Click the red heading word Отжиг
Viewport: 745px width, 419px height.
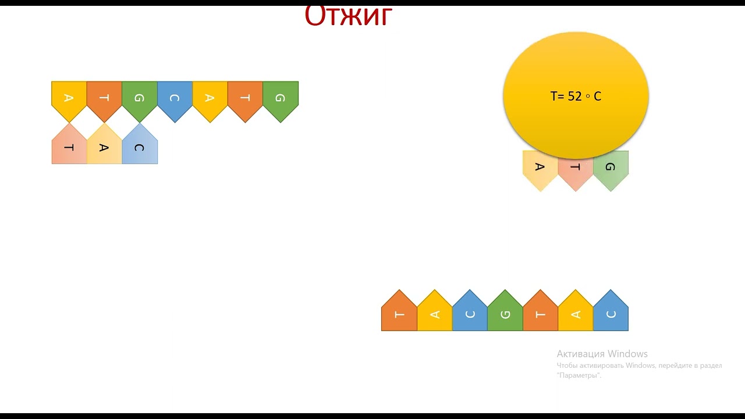(349, 16)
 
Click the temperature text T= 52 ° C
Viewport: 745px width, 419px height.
(576, 97)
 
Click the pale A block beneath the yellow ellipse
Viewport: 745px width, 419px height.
(540, 168)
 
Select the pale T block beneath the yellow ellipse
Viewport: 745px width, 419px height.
(576, 168)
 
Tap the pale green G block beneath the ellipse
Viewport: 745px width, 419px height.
(611, 168)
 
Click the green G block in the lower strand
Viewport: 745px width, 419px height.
(505, 314)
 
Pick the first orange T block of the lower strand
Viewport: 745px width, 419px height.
(399, 314)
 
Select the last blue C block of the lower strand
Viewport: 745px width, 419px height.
(611, 314)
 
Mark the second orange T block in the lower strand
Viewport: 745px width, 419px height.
(540, 314)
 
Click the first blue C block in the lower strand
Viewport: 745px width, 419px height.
(470, 314)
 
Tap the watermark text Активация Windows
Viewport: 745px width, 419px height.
(602, 354)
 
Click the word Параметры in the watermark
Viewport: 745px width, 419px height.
(579, 375)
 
